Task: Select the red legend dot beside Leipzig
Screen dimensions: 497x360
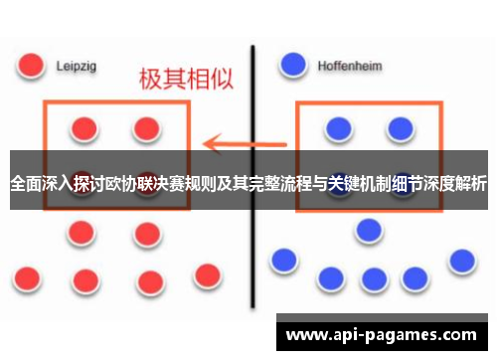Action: pyautogui.click(x=32, y=65)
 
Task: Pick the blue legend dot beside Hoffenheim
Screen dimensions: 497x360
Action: pyautogui.click(x=293, y=65)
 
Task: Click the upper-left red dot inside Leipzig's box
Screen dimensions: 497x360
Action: pyautogui.click(x=84, y=128)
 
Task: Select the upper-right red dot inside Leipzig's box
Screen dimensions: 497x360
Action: pyautogui.click(x=147, y=128)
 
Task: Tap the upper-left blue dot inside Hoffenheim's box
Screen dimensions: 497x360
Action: pyautogui.click(x=339, y=127)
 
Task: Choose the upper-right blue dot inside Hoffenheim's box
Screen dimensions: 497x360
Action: pyautogui.click(x=401, y=127)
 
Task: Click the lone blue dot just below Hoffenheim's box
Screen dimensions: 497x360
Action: pyautogui.click(x=370, y=230)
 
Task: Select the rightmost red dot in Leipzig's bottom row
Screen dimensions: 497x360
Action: pyautogui.click(x=207, y=274)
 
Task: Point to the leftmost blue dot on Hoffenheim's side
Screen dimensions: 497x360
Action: pyautogui.click(x=283, y=261)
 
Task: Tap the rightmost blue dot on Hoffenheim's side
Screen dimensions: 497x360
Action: pyautogui.click(x=461, y=261)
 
